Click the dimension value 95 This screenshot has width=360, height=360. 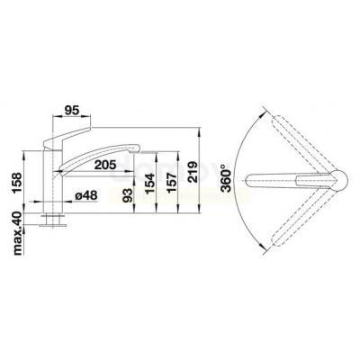tap(72, 110)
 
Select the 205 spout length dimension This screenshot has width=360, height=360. tap(105, 165)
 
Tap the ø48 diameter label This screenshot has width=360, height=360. tap(86, 196)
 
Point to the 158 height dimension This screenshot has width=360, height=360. tap(18, 184)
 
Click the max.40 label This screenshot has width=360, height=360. tap(18, 233)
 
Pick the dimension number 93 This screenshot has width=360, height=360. tap(128, 195)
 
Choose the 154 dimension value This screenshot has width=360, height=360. tap(149, 184)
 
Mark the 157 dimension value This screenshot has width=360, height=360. tap(172, 184)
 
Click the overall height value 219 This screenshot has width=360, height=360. tap(193, 172)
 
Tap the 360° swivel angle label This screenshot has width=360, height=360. tap(226, 178)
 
